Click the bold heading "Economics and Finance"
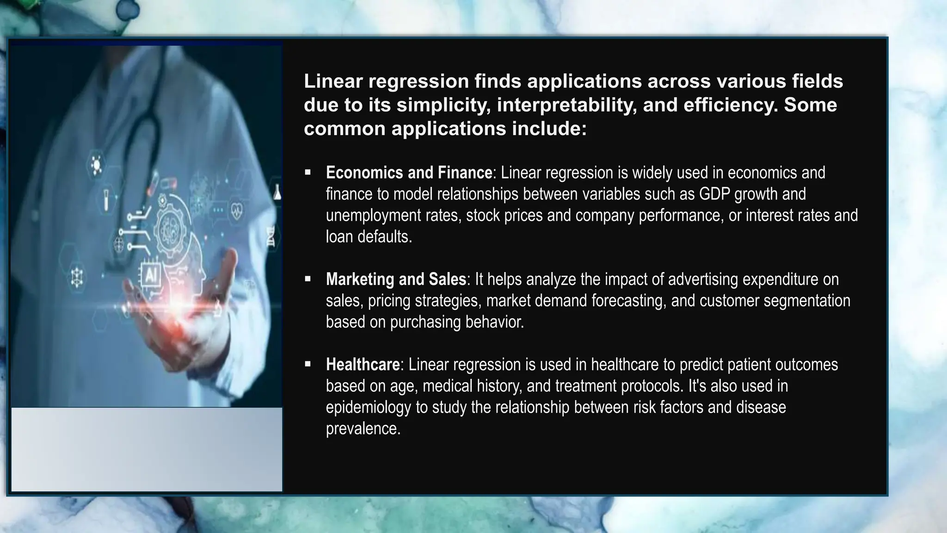pyautogui.click(x=409, y=173)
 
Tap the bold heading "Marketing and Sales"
pyautogui.click(x=396, y=279)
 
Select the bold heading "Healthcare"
pyautogui.click(x=363, y=365)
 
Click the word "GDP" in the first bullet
pyautogui.click(x=714, y=194)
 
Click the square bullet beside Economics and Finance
pyautogui.click(x=308, y=173)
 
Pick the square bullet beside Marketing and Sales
pyautogui.click(x=308, y=279)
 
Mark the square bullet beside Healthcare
pyautogui.click(x=308, y=365)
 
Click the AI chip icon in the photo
pyautogui.click(x=151, y=275)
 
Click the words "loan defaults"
pyautogui.click(x=368, y=237)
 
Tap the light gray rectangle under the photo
pyautogui.click(x=147, y=449)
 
